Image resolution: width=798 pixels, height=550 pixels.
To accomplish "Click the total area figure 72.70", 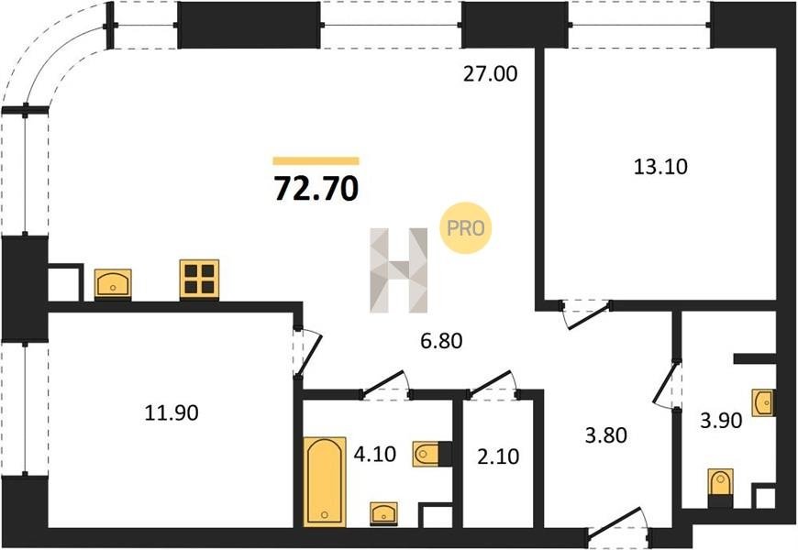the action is tap(316, 188).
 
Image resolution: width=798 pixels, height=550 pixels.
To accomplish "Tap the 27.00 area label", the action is tap(491, 73).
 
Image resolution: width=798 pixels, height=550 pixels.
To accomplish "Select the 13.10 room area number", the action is tap(660, 166).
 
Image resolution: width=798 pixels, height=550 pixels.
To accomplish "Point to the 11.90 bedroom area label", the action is tap(172, 412).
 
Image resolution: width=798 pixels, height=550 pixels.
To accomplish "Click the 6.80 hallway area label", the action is tap(442, 340).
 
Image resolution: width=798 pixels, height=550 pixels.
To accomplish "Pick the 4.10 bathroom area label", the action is tap(375, 454).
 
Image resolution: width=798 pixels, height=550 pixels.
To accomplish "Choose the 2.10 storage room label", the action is tap(499, 456).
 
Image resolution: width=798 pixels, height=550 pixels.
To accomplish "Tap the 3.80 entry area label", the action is tap(606, 435).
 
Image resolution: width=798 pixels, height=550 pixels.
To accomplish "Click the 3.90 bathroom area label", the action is tap(721, 420).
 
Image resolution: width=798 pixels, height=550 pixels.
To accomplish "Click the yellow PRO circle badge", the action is tap(465, 228).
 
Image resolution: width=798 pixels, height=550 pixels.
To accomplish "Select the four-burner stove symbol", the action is tap(200, 280).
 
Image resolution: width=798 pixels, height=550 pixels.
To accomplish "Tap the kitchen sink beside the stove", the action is tap(113, 284).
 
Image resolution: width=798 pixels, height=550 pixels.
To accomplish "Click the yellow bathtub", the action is tap(325, 482).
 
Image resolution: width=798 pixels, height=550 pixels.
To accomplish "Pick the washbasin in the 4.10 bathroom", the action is tap(384, 514).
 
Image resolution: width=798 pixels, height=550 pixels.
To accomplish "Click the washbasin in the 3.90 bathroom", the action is tap(764, 403).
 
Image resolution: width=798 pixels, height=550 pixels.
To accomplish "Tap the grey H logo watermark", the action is tap(399, 270).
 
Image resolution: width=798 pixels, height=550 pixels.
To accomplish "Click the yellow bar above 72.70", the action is tap(316, 161).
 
